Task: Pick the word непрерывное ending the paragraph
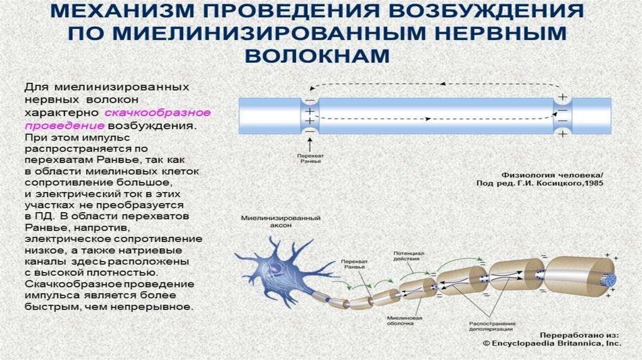pyautogui.click(x=162, y=307)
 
